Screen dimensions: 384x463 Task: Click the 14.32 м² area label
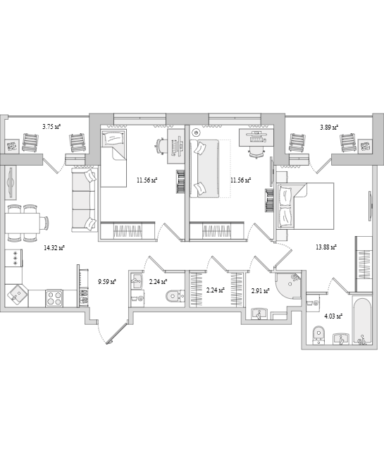(54, 248)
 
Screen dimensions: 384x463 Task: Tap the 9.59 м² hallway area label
(107, 282)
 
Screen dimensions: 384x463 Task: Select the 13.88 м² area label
(326, 247)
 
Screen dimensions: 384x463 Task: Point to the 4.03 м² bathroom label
(333, 316)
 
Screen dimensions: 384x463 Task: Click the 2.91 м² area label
(260, 291)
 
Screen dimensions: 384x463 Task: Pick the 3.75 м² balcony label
(51, 127)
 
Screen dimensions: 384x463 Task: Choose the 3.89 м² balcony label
(329, 128)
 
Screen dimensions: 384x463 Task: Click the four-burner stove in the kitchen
(54, 298)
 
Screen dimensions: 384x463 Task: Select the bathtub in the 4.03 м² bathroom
(361, 320)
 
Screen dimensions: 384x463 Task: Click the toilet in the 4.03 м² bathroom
(318, 335)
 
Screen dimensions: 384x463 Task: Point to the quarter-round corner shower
(288, 286)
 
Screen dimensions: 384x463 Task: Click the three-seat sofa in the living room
(85, 199)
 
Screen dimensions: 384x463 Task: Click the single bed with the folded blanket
(113, 158)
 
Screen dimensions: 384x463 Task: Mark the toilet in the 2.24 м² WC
(175, 296)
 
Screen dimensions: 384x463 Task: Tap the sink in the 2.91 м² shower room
(259, 314)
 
